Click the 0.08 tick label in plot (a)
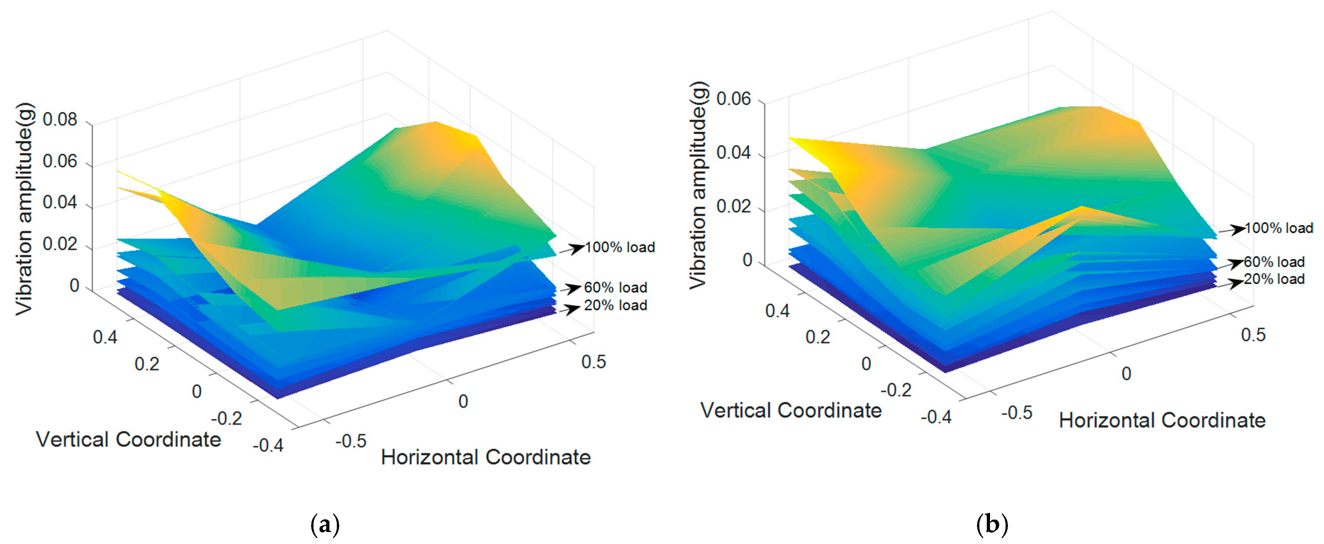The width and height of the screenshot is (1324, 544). (60, 120)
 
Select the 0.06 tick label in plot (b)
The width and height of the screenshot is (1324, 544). (733, 99)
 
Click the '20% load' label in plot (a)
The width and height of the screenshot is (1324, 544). (615, 305)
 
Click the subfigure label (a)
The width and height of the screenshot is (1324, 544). (326, 525)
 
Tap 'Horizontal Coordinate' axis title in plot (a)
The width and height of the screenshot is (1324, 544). (486, 457)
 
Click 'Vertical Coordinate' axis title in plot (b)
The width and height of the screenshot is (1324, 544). (791, 410)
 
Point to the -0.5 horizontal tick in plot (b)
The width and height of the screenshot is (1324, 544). (1016, 413)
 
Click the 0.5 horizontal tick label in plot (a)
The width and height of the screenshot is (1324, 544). (594, 362)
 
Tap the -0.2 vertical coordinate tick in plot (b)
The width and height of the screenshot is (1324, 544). (896, 390)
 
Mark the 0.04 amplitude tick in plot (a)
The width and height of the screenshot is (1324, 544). (60, 203)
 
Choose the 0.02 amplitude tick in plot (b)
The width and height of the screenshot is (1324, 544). (733, 207)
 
